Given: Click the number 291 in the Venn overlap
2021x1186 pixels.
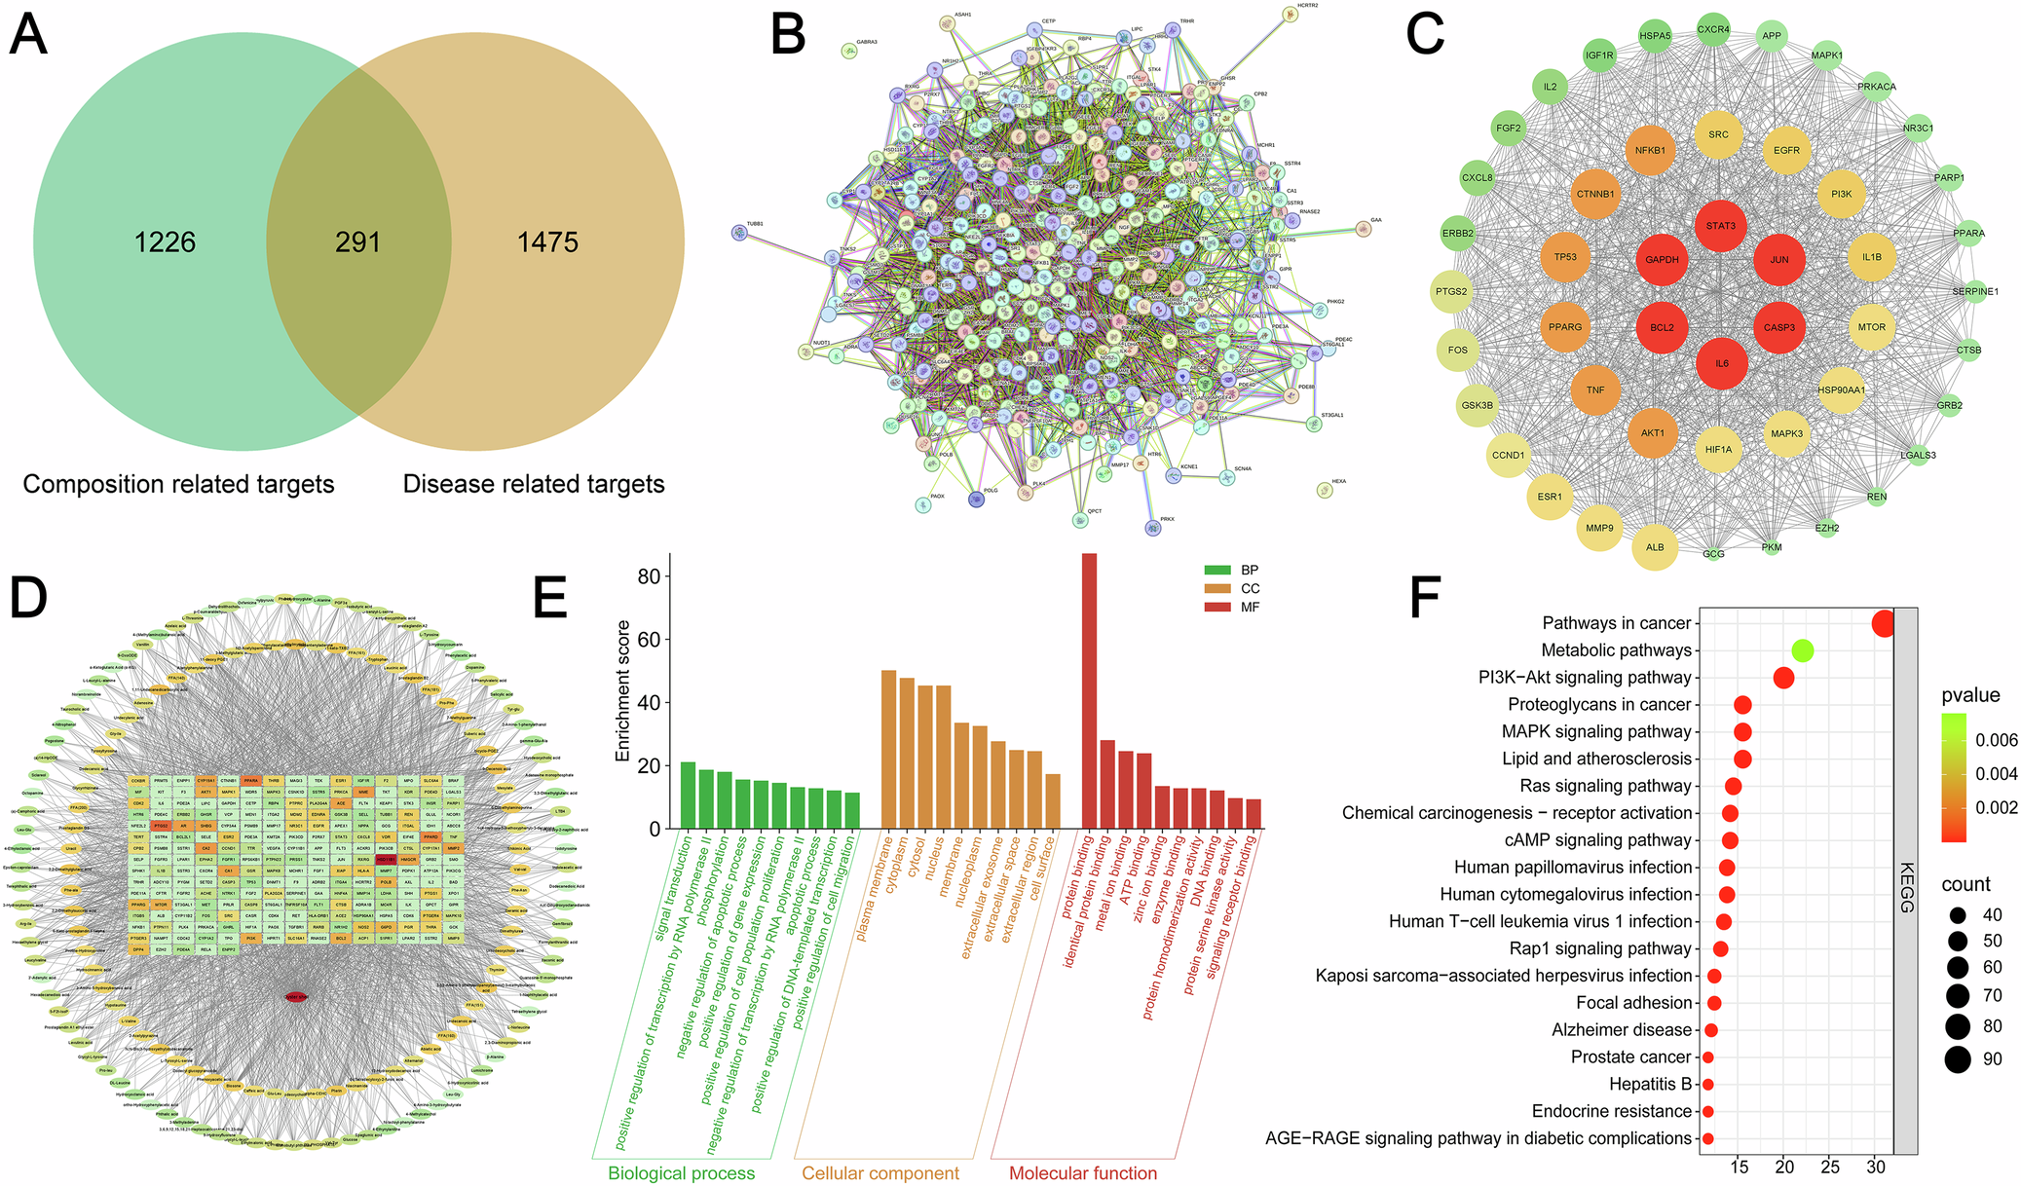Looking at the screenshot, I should [x=357, y=242].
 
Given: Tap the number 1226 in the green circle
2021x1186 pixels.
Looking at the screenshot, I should [x=165, y=242].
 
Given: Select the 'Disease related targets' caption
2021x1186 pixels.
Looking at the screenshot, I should [x=533, y=484].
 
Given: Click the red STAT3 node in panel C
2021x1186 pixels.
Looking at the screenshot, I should [x=1720, y=226].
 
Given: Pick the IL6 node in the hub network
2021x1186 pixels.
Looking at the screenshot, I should [x=1721, y=363].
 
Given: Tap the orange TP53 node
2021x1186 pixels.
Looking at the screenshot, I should [x=1565, y=257].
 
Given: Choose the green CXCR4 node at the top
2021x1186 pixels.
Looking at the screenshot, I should [x=1713, y=30].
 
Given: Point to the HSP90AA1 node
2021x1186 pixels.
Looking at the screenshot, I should [x=1841, y=390].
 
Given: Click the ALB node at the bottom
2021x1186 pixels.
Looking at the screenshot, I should [x=1655, y=547].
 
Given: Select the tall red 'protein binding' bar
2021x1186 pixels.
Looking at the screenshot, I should [x=1089, y=691].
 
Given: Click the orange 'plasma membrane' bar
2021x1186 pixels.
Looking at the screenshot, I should [x=888, y=750].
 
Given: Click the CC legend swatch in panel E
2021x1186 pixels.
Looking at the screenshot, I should [x=1217, y=588].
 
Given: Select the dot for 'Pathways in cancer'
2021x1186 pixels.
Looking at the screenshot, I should [x=1884, y=623].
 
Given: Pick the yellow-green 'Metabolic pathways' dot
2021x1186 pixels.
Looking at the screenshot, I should [x=1802, y=650].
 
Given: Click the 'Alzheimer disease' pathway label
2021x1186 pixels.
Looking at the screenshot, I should [x=1621, y=1030].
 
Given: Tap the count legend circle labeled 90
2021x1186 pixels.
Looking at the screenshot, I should [x=1957, y=1059].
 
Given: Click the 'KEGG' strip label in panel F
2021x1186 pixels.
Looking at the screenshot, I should [x=1906, y=887].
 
